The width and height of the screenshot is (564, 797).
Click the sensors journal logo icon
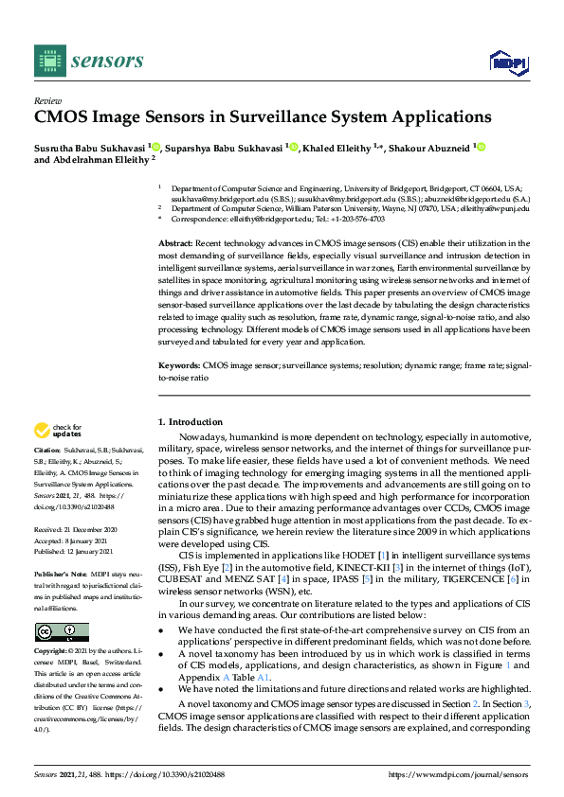48,62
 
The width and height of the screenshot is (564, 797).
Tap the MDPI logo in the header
502,62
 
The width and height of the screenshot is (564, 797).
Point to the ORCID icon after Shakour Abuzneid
481,147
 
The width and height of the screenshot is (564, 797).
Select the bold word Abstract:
176,243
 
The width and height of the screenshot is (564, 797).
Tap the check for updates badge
60,431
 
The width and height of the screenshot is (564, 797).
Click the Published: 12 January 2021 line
76,548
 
